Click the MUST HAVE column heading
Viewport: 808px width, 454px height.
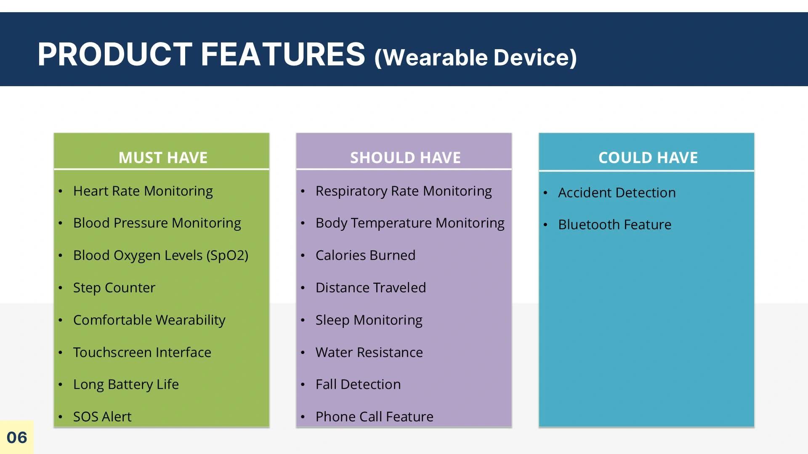163,158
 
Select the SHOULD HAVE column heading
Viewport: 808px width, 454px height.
405,158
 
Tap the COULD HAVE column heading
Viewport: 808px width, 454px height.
648,158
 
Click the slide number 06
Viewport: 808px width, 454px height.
17,438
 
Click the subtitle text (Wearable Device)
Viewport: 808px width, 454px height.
476,58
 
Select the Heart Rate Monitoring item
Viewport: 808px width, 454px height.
143,191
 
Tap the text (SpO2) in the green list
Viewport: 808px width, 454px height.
227,256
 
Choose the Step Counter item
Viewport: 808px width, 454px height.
114,288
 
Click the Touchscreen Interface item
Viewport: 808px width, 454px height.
142,352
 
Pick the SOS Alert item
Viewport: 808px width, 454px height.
102,417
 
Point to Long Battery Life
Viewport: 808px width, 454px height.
126,385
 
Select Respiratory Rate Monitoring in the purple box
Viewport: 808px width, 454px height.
404,191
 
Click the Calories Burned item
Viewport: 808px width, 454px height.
365,255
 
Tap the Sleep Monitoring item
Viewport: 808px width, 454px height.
369,320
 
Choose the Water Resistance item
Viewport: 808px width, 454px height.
369,352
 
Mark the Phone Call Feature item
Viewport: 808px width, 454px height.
375,417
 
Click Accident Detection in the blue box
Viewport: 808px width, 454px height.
617,193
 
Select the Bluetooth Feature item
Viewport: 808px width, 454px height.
615,224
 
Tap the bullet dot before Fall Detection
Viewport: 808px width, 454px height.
303,385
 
